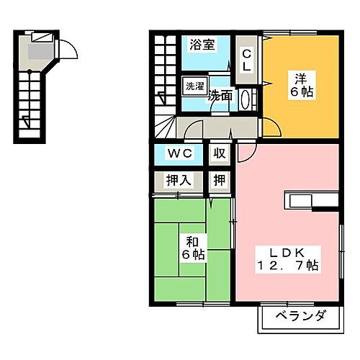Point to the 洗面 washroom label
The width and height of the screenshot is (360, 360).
click(x=219, y=96)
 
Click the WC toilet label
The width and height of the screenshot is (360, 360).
click(x=179, y=153)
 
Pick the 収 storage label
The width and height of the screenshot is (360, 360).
click(x=218, y=153)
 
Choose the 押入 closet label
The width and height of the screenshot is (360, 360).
click(x=179, y=180)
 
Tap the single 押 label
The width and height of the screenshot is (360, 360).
click(x=218, y=180)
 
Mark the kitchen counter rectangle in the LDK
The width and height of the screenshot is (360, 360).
click(x=311, y=199)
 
